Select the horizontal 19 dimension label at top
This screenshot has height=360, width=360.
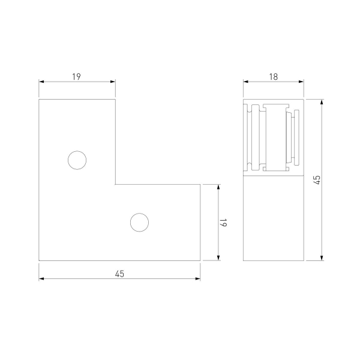tap(76, 76)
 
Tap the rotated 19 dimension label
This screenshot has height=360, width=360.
tap(223, 223)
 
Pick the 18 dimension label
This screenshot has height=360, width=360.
tap(274, 76)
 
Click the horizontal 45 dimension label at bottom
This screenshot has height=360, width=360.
tap(119, 274)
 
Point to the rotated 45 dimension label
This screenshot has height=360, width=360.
tap(317, 180)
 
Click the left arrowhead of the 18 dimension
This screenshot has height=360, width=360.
tap(246, 82)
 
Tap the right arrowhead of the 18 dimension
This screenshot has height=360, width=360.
tap(301, 82)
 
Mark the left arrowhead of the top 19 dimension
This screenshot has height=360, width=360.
tap(41, 82)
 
